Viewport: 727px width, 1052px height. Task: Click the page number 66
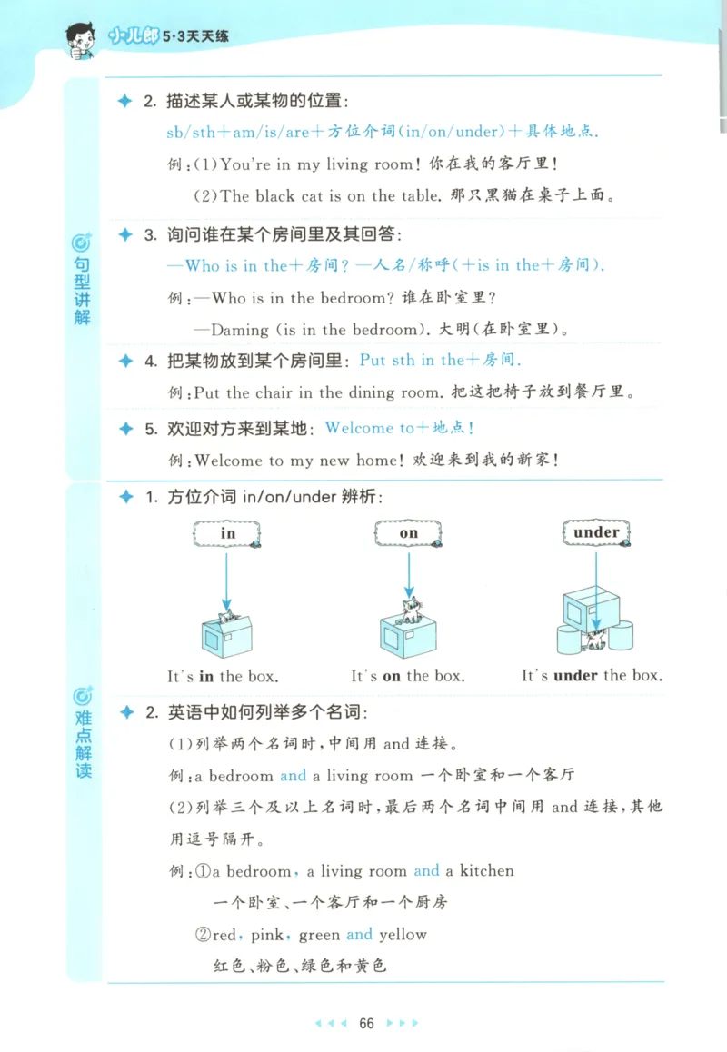366,1023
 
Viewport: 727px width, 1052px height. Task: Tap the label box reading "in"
227,533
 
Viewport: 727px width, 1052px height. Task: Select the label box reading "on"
409,533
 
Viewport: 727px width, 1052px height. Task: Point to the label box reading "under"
596,532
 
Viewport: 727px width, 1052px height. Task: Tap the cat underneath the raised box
595,640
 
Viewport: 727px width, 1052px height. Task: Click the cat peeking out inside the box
226,618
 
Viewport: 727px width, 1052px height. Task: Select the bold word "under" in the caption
575,676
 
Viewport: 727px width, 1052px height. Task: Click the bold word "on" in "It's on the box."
392,676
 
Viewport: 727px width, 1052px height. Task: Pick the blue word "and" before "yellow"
359,934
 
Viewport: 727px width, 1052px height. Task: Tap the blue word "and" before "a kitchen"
426,870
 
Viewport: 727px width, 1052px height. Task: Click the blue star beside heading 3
125,235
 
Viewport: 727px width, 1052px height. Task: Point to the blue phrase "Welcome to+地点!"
400,428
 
